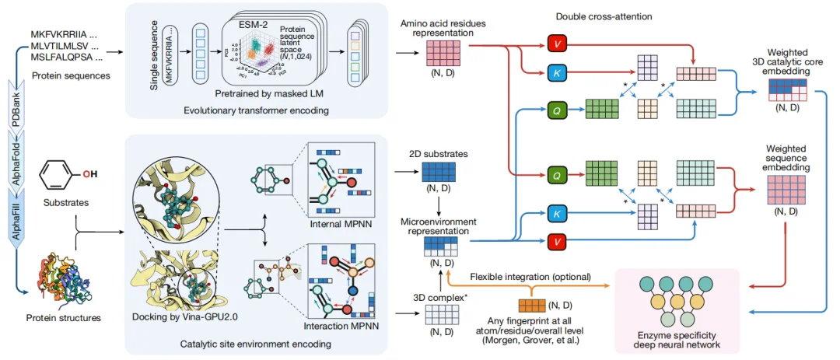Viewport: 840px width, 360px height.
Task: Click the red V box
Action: pyautogui.click(x=558, y=44)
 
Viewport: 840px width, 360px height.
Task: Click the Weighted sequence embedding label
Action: pyautogui.click(x=786, y=159)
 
